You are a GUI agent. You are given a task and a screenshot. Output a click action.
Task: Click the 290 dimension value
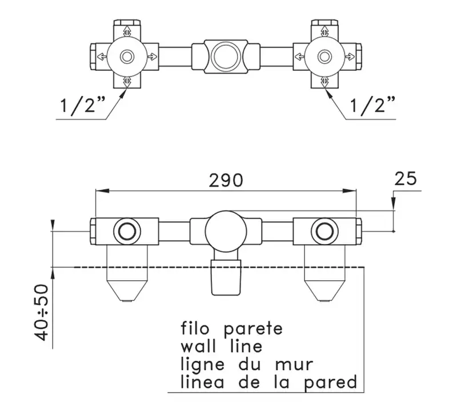226,180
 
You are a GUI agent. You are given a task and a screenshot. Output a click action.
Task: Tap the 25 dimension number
406,179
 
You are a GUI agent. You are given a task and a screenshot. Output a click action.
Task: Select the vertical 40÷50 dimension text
41,313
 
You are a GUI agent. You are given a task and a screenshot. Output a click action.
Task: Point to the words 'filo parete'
232,329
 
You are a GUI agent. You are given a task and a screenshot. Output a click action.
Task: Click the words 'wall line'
222,346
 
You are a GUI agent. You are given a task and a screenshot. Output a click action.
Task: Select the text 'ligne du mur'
247,365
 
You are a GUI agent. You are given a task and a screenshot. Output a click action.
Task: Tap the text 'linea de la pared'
268,382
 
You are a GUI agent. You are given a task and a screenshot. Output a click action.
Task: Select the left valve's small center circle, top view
127,56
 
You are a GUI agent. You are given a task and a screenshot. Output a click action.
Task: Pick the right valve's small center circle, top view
324,56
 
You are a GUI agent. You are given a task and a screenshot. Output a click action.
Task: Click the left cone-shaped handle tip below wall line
127,290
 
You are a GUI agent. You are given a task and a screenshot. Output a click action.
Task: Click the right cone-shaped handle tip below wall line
324,290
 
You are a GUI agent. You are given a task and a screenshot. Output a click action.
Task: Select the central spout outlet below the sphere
226,277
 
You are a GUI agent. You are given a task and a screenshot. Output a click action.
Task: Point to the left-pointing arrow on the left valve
102,56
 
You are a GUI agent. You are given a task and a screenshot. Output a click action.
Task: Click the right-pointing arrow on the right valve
350,56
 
